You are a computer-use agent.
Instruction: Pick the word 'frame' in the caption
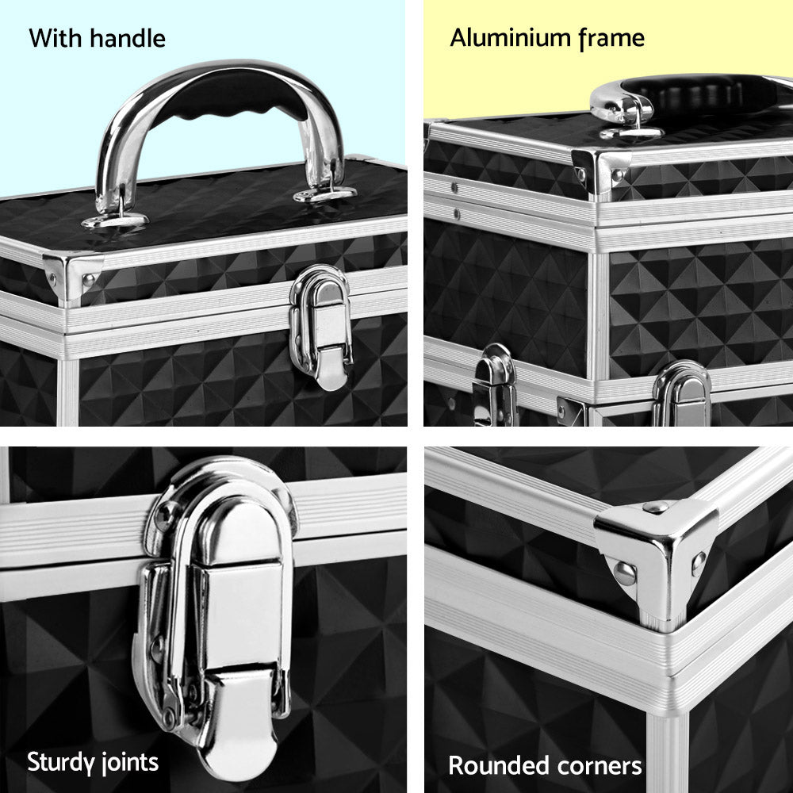click(x=611, y=38)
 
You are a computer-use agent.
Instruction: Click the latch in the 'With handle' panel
click(x=321, y=325)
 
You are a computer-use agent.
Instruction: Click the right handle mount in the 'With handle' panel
click(x=325, y=193)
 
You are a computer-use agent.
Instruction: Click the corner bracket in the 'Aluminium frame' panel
click(x=600, y=170)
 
